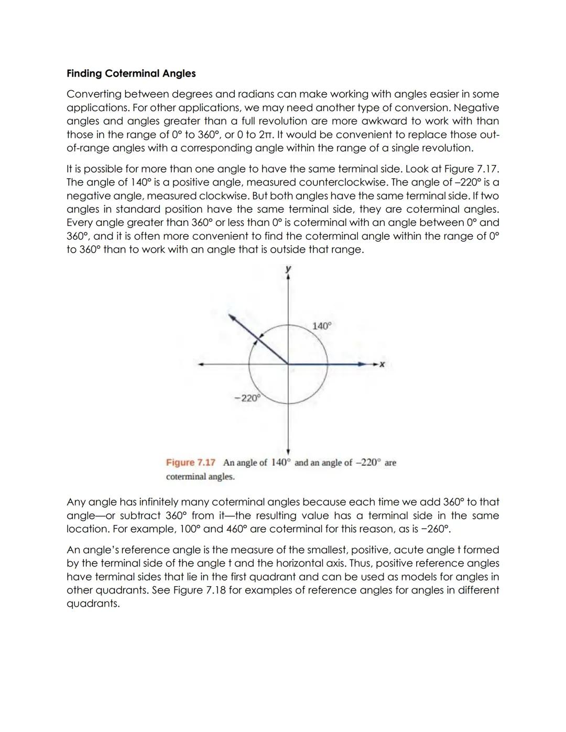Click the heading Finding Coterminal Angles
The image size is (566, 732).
[x=131, y=73]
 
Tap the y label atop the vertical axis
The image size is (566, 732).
[x=288, y=269]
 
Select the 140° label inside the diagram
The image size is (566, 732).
[x=322, y=326]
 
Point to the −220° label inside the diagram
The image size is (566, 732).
[x=247, y=398]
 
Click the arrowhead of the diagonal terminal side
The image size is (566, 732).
[x=231, y=316]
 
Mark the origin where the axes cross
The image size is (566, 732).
[x=288, y=364]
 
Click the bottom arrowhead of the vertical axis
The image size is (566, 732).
[x=288, y=451]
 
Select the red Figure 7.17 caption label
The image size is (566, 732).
[x=191, y=463]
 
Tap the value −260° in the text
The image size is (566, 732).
[x=436, y=529]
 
